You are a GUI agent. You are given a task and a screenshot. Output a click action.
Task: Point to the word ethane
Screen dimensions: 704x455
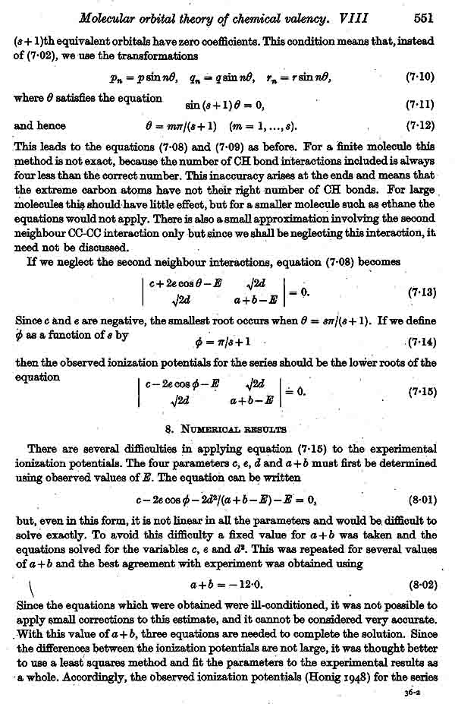395,204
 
